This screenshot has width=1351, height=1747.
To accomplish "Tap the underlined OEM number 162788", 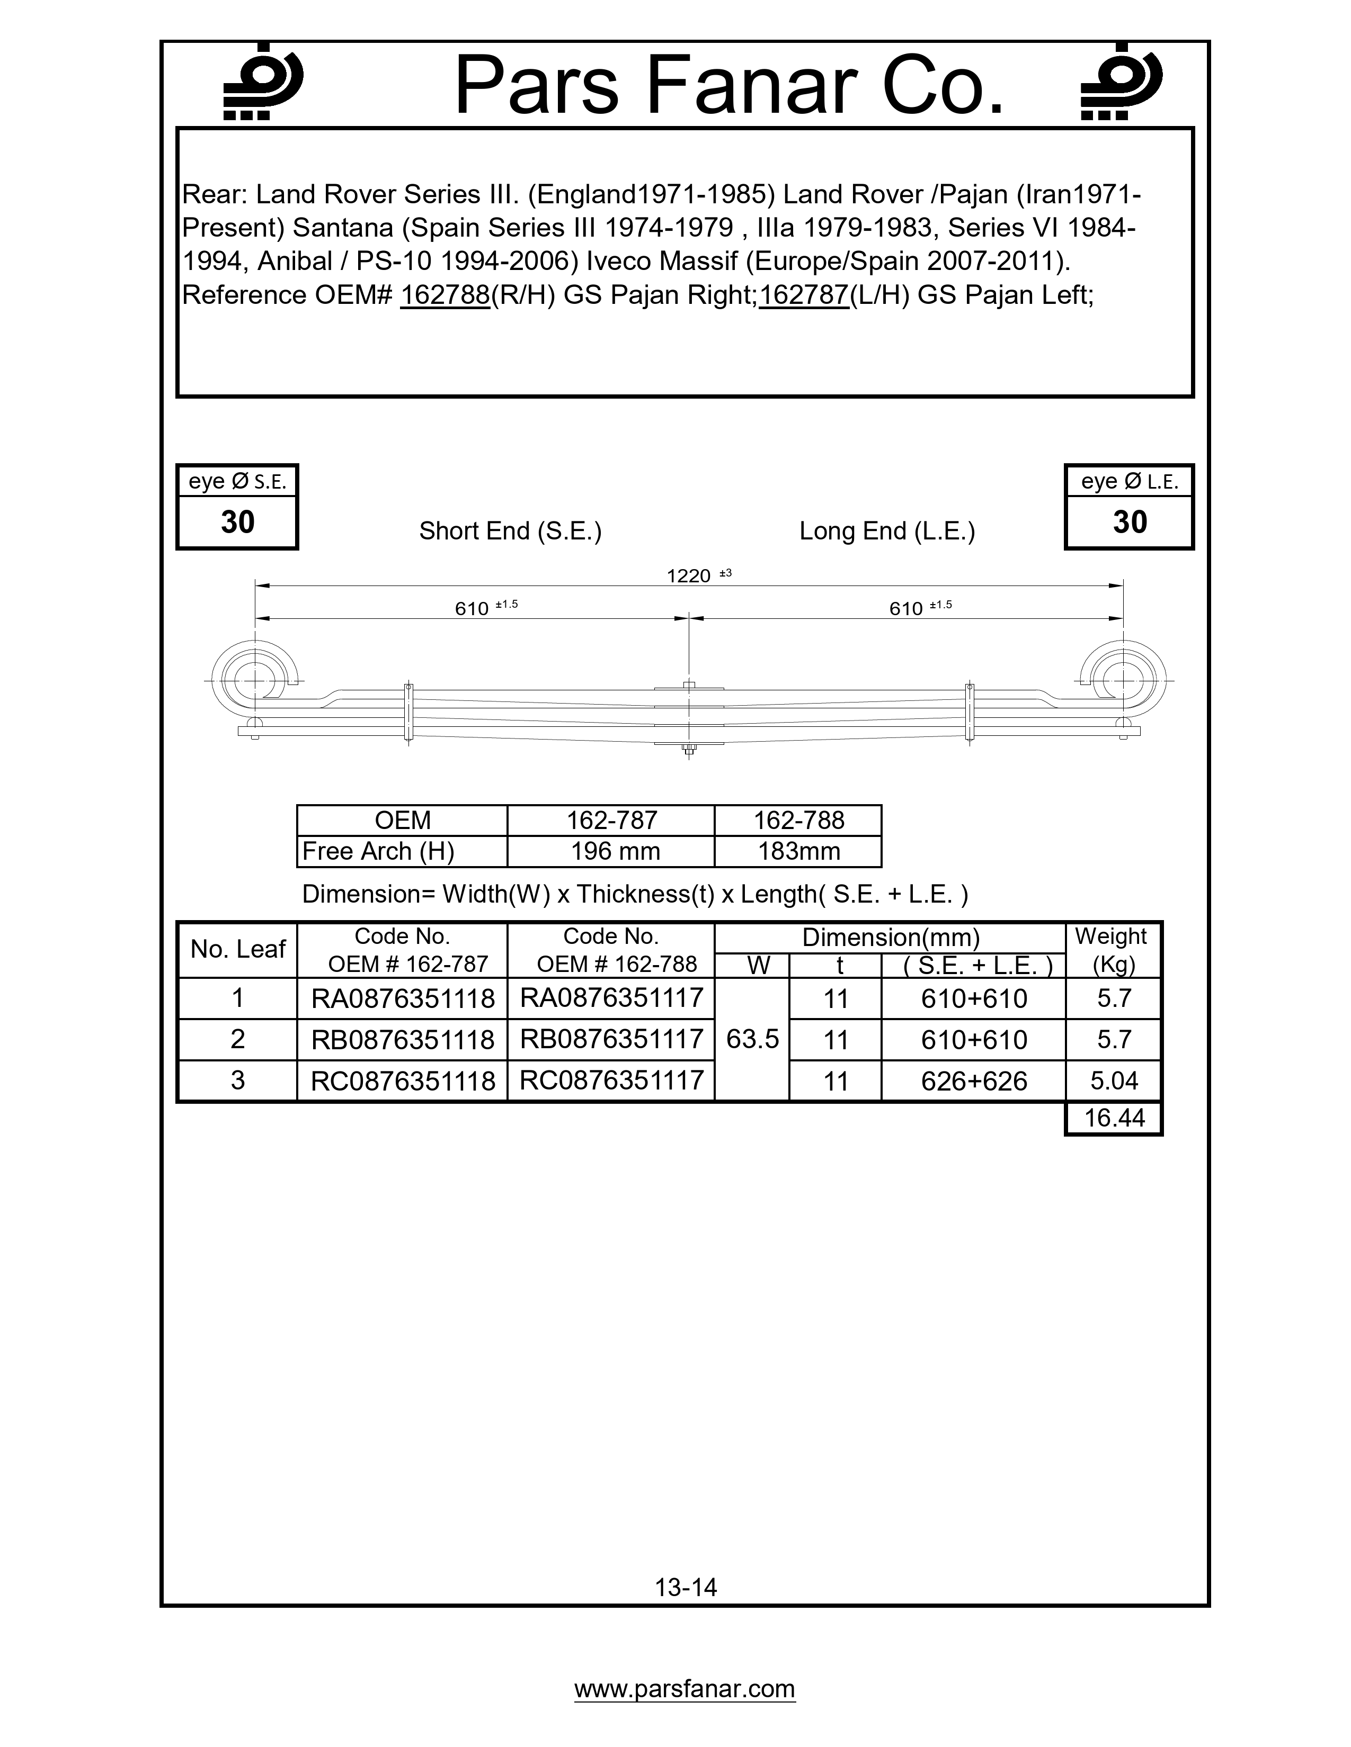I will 445,295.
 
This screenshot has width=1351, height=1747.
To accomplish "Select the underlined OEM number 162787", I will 804,295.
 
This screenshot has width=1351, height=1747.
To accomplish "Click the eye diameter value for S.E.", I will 238,523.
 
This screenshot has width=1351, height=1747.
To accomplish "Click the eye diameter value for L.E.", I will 1130,523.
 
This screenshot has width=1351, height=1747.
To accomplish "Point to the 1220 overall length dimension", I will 689,576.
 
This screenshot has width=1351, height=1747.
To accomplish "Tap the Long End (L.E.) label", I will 887,531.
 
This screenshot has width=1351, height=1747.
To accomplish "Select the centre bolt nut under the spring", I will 688,750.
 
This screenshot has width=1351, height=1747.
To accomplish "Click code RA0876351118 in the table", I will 403,998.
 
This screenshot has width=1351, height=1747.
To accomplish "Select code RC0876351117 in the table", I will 611,1080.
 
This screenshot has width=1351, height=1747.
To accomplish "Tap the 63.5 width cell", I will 752,1039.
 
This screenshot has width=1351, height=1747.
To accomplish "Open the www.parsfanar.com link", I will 685,1689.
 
